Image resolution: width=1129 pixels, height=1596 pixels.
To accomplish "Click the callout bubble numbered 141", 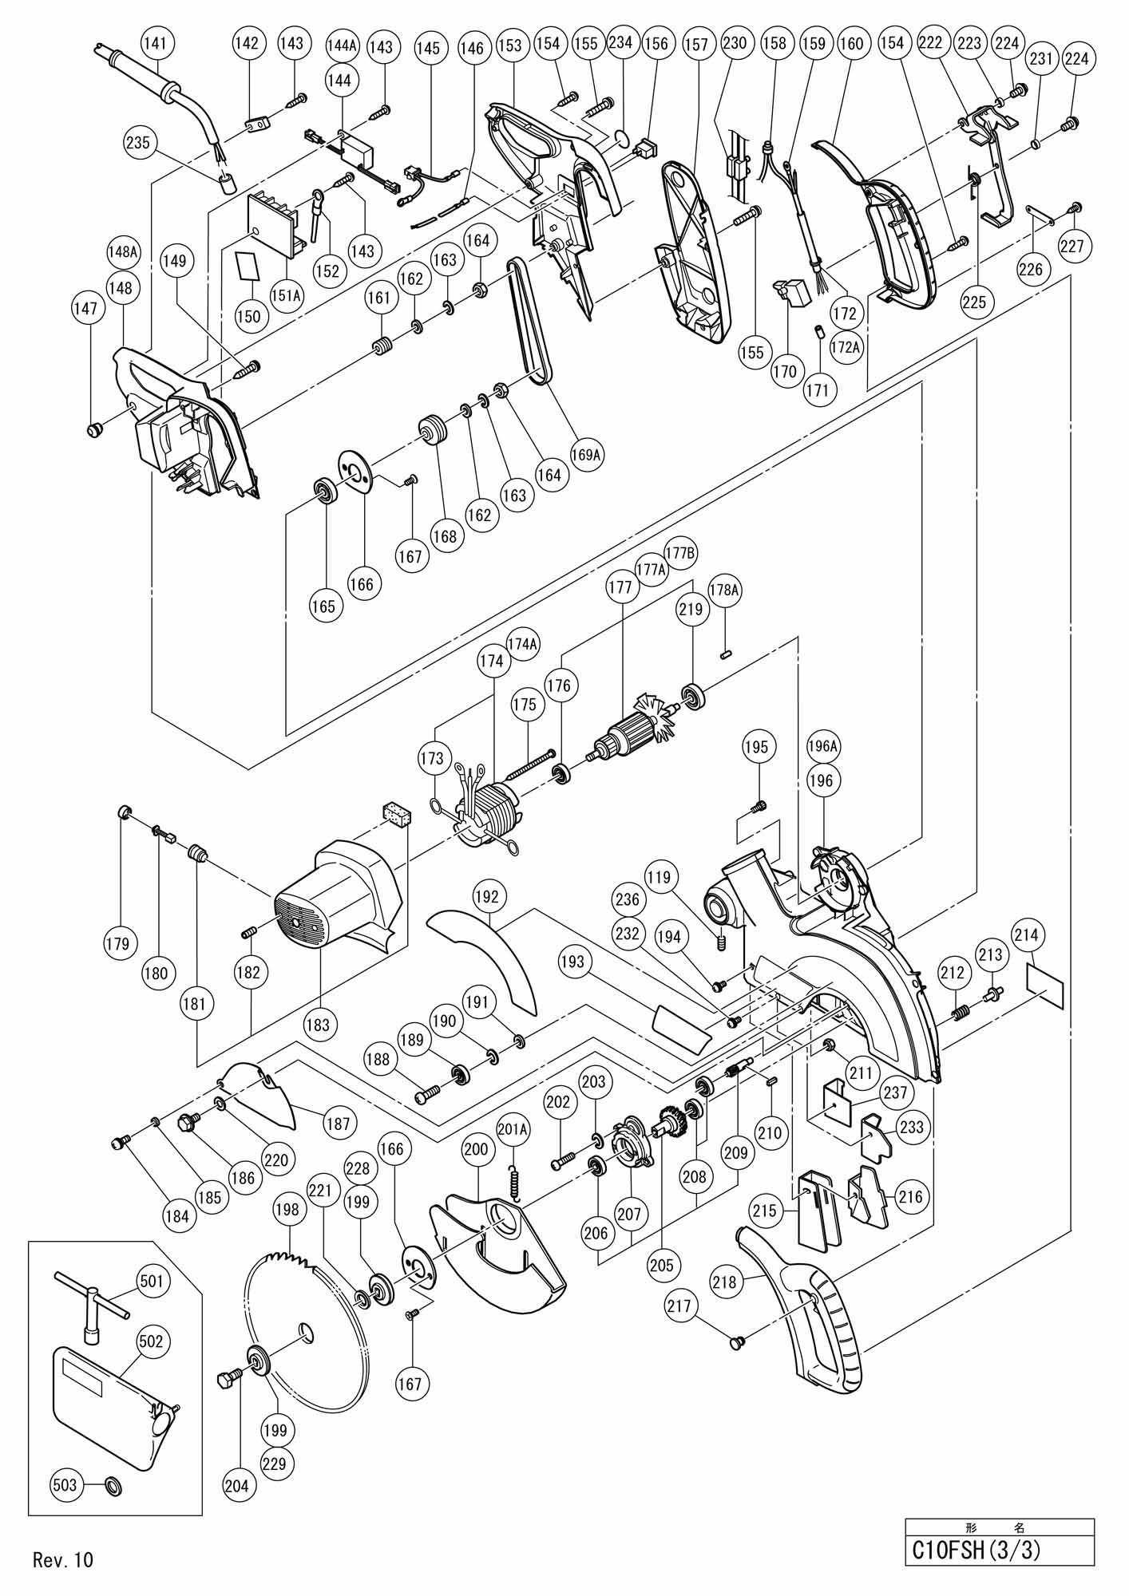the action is tap(158, 44).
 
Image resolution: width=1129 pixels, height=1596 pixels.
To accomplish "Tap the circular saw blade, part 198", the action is tap(309, 1337).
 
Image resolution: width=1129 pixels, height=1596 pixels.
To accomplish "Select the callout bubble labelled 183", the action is tap(318, 1025).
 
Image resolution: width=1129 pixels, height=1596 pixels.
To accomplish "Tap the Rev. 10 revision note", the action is tap(63, 1559).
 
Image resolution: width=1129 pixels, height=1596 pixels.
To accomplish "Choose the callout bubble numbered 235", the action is tap(137, 144).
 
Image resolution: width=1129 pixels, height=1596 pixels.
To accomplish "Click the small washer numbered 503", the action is tap(113, 1486).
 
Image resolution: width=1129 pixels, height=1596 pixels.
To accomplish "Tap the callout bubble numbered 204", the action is tap(236, 1486).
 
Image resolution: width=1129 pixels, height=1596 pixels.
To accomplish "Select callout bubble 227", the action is tap(1073, 247).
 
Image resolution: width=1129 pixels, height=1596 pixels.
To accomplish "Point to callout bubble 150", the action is tap(248, 316).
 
